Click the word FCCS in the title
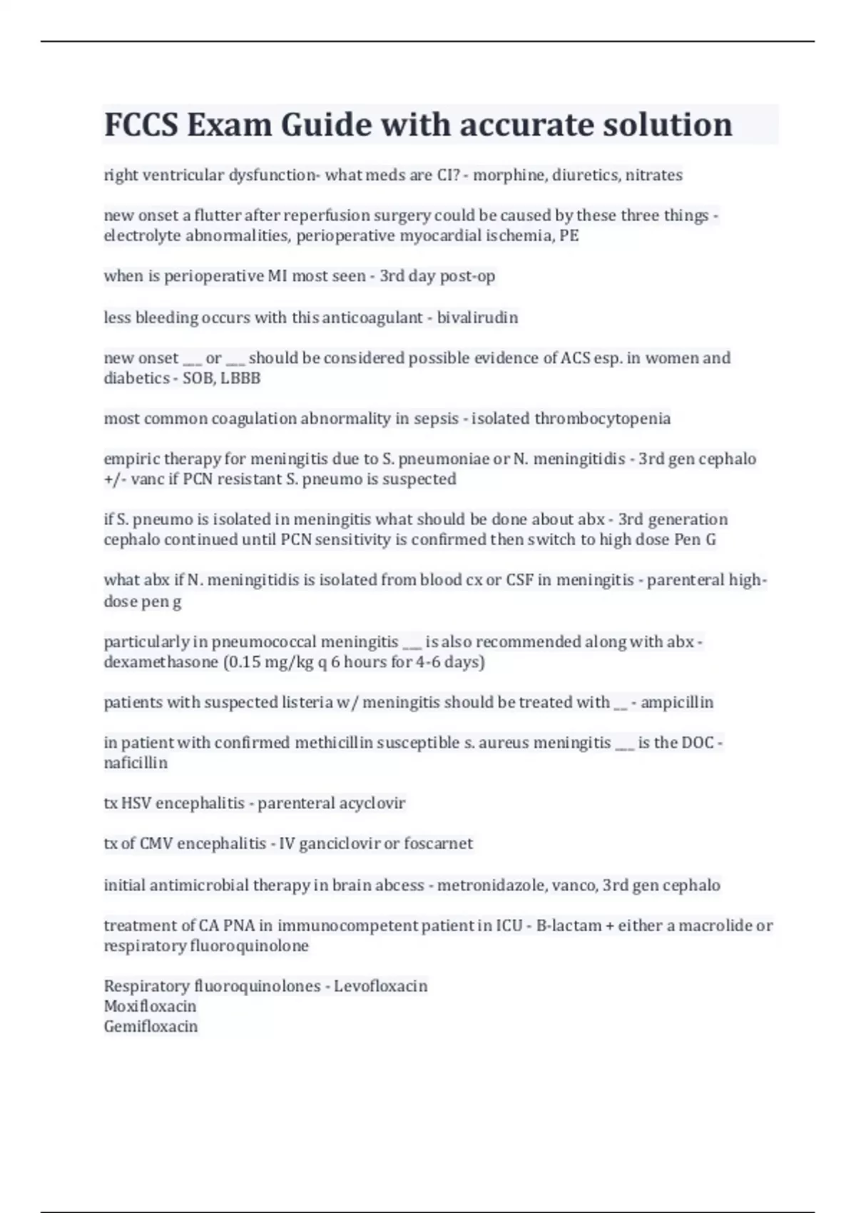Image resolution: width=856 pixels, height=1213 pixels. pyautogui.click(x=141, y=125)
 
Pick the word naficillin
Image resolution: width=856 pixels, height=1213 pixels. pyautogui.click(x=136, y=763)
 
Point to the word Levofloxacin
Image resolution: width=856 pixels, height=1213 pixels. pyautogui.click(x=381, y=986)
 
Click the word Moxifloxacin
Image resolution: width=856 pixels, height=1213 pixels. pyautogui.click(x=150, y=1006)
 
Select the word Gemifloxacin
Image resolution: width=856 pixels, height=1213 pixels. pyautogui.click(x=151, y=1026)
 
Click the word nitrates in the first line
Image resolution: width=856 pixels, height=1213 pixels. pyautogui.click(x=653, y=175)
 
